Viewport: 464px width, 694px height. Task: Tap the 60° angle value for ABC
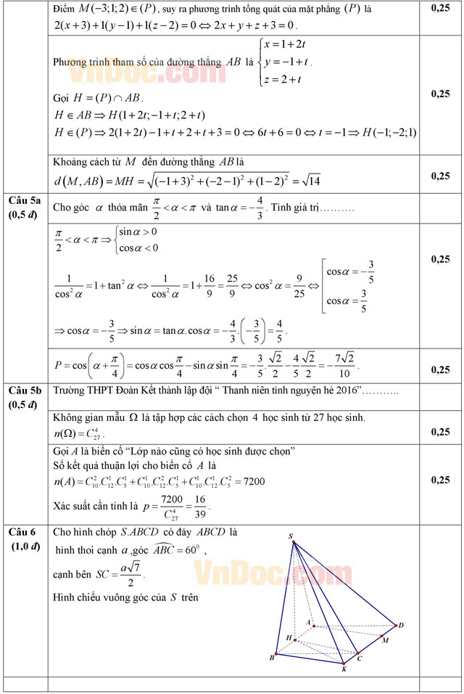[191, 550]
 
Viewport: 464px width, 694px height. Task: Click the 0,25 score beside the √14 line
[439, 176]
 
